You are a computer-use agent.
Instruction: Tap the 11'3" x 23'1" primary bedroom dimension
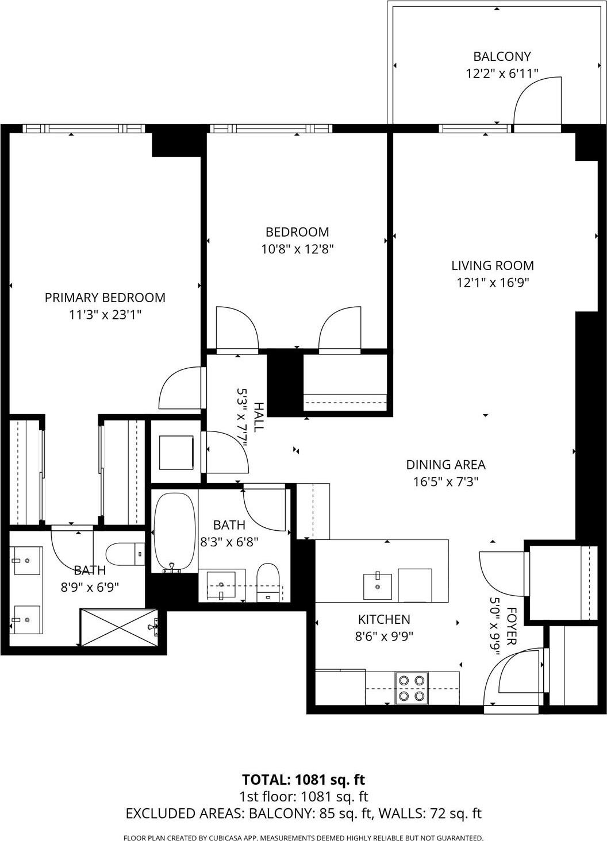(x=105, y=315)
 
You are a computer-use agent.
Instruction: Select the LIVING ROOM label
(x=492, y=265)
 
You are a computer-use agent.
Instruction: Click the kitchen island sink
(x=378, y=586)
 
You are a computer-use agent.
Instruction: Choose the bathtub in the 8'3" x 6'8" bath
(x=174, y=532)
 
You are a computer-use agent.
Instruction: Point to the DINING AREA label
(x=445, y=464)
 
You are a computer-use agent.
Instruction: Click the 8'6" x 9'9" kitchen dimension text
(x=384, y=636)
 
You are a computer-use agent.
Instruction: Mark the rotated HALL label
(x=259, y=417)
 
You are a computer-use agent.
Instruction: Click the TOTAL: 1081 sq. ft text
(x=303, y=780)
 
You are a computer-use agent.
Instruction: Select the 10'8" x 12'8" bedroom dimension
(x=297, y=249)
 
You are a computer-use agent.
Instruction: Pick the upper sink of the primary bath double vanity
(x=26, y=561)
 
